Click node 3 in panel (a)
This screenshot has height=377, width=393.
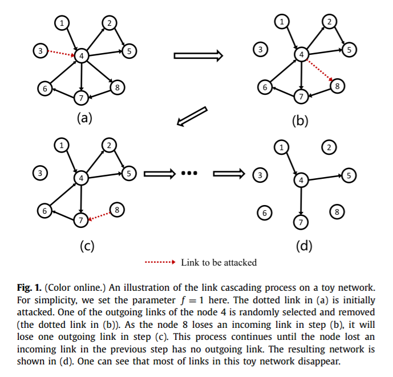pyautogui.click(x=40, y=51)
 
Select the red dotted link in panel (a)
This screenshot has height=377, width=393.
pyautogui.click(x=59, y=53)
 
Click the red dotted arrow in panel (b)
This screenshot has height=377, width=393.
pyautogui.click(x=319, y=70)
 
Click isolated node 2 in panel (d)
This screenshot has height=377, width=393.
pyautogui.click(x=328, y=148)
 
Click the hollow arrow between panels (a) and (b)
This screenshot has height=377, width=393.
pyautogui.click(x=197, y=56)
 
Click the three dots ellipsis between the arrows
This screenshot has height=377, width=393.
pyautogui.click(x=188, y=173)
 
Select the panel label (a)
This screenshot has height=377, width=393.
pyautogui.click(x=84, y=118)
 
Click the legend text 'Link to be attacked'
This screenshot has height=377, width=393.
pyautogui.click(x=218, y=263)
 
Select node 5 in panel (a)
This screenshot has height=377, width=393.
pyautogui.click(x=129, y=51)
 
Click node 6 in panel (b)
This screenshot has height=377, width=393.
pyautogui.click(x=264, y=88)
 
